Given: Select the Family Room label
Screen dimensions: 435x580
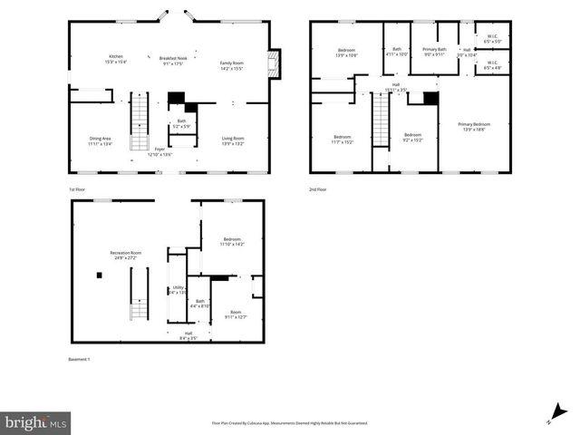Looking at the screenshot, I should coord(233,65).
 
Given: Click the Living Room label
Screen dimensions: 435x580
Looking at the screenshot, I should coord(234,140).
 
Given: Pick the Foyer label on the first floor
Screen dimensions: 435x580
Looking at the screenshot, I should coord(159,151).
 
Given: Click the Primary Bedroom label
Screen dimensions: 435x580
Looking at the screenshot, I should coord(474,127).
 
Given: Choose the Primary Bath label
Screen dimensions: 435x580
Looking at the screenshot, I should coord(435,52).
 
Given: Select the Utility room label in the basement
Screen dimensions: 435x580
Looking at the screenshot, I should coord(176,290).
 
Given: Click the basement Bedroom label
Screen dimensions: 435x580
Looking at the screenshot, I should coord(233,241).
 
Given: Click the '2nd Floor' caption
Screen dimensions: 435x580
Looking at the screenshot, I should coord(317,188).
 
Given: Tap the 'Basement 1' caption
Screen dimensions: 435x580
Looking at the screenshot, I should coord(80,359).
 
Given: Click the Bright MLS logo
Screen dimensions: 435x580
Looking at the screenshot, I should coord(36,422).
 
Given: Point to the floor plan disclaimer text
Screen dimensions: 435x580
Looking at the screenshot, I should coord(290,423).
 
